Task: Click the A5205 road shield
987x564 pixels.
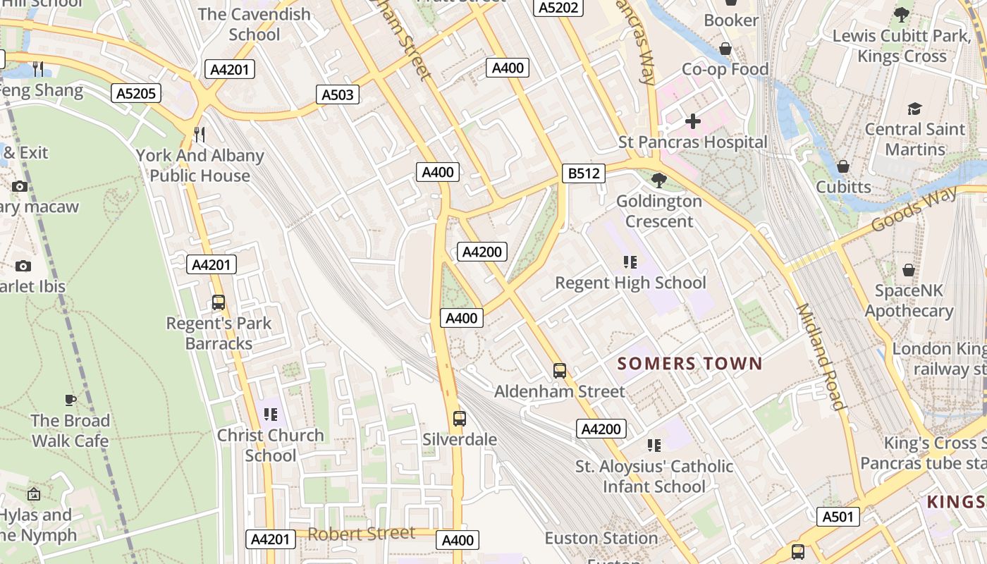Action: tap(137, 93)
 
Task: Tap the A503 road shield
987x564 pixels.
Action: tap(338, 94)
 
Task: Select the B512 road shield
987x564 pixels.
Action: tap(584, 173)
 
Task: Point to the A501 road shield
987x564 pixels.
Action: tap(839, 517)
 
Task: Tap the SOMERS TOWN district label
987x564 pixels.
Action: tap(689, 364)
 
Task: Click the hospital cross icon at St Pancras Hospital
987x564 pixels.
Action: tap(693, 121)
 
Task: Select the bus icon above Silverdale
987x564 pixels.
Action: tap(460, 419)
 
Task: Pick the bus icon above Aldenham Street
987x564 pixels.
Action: tap(560, 370)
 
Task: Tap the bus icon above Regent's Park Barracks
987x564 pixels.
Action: tap(219, 302)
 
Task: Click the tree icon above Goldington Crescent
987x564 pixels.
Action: tap(659, 180)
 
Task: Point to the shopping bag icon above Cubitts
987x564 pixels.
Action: tap(842, 166)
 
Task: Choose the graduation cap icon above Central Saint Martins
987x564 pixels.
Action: tap(914, 109)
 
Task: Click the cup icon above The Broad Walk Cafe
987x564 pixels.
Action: tap(70, 400)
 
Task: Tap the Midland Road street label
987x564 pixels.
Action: tap(820, 356)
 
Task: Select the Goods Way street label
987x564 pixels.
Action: tap(914, 208)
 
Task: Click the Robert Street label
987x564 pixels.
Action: tap(362, 534)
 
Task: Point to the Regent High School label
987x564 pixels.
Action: tap(630, 283)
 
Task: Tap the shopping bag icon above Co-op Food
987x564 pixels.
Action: tap(725, 49)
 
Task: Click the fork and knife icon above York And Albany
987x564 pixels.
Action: tap(200, 134)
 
